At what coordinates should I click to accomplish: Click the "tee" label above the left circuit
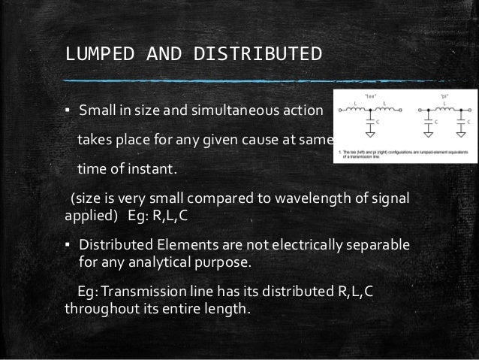[x=369, y=96]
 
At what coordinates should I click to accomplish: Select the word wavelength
[x=322, y=198]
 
